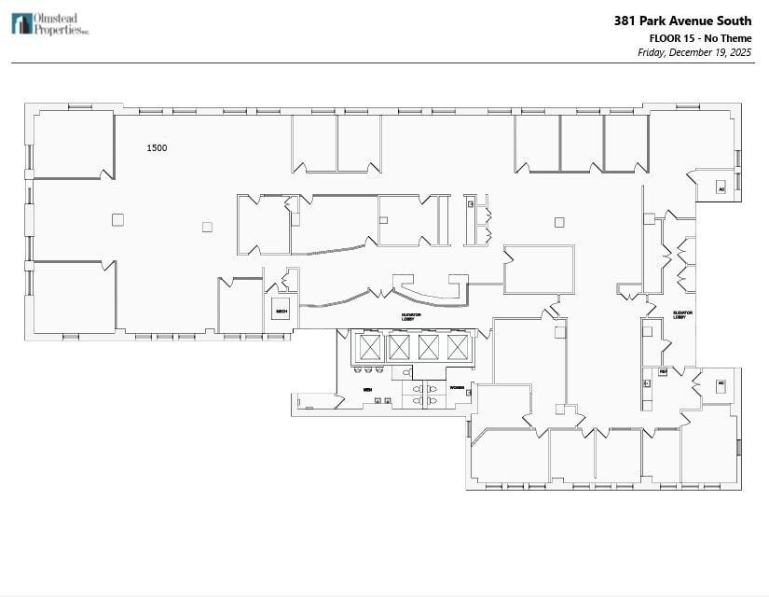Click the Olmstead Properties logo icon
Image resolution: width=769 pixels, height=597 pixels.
point(21,23)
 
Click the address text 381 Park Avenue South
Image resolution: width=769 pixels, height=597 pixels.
point(681,21)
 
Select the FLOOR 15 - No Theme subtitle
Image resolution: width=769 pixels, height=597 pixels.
point(700,37)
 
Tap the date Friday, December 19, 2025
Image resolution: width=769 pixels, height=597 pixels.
point(694,52)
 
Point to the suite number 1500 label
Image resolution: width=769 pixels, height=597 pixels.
point(157,147)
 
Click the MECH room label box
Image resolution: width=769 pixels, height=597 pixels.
point(281,312)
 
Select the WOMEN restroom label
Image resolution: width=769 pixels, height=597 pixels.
point(457,387)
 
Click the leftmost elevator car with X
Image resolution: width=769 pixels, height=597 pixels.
point(370,348)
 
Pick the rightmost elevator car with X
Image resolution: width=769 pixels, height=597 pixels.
point(457,348)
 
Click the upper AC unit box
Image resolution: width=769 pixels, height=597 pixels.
point(721,187)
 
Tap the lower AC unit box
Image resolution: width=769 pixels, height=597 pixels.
point(721,385)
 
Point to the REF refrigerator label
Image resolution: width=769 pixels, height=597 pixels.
point(663,371)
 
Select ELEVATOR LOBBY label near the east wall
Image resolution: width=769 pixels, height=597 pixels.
point(680,315)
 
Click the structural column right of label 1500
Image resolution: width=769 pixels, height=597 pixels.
point(207,227)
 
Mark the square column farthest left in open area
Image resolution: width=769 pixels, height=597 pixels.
point(117,220)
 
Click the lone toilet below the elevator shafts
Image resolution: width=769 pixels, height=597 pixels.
point(406,373)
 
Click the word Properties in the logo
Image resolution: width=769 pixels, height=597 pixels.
point(58,29)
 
